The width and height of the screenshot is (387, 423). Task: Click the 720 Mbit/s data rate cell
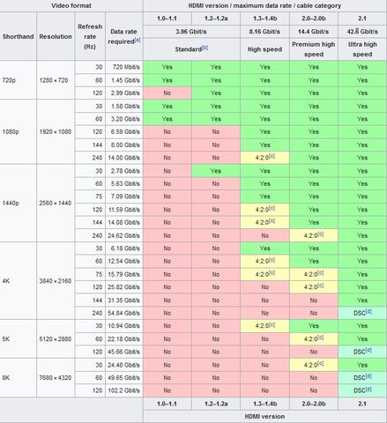pyautogui.click(x=124, y=67)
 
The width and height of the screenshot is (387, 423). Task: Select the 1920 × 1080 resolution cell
pyautogui.click(x=56, y=131)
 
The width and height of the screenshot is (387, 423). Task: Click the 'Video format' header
pyautogui.click(x=71, y=5)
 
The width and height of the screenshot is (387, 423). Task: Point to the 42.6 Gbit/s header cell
pyautogui.click(x=362, y=32)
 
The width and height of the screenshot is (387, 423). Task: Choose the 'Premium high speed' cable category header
pyautogui.click(x=314, y=49)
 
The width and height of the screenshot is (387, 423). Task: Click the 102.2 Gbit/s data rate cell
pyautogui.click(x=124, y=390)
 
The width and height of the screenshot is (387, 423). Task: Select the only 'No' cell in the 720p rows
pyautogui.click(x=167, y=93)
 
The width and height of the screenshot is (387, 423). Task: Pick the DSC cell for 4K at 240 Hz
pyautogui.click(x=362, y=313)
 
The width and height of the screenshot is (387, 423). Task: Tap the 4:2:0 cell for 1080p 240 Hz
pyautogui.click(x=264, y=158)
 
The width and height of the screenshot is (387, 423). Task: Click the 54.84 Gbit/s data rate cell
pyautogui.click(x=124, y=313)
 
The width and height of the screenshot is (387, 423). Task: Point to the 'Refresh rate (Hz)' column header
pyautogui.click(x=90, y=36)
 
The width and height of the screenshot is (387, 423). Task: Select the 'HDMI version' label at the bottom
pyautogui.click(x=264, y=417)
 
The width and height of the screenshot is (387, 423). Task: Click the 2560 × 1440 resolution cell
pyautogui.click(x=56, y=203)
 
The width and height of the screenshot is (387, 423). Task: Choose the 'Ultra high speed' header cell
pyautogui.click(x=362, y=49)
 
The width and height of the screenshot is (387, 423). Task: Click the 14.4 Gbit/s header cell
pyautogui.click(x=314, y=32)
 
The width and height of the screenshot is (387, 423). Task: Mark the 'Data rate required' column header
pyautogui.click(x=124, y=36)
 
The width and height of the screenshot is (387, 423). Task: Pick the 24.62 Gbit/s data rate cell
pyautogui.click(x=124, y=235)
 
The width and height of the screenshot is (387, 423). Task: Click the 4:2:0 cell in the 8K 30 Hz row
pyautogui.click(x=314, y=365)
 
